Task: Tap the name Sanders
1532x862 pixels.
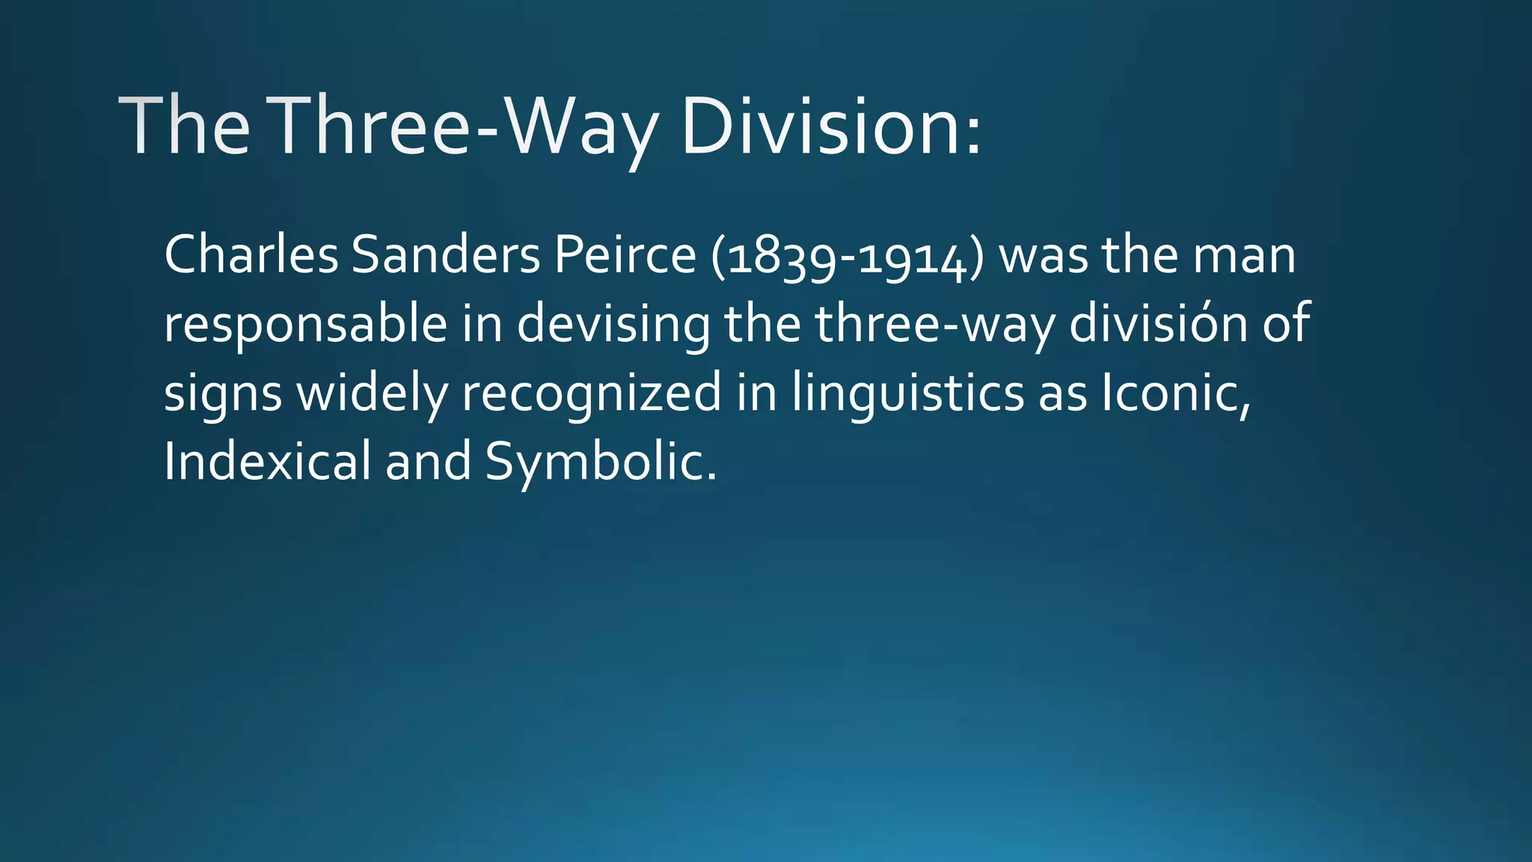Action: [x=446, y=254]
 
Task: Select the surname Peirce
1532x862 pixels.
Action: [x=625, y=254]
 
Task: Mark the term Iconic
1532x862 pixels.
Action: [x=1175, y=392]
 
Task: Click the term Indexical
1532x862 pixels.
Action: [x=267, y=461]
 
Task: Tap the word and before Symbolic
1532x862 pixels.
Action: [x=428, y=461]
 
